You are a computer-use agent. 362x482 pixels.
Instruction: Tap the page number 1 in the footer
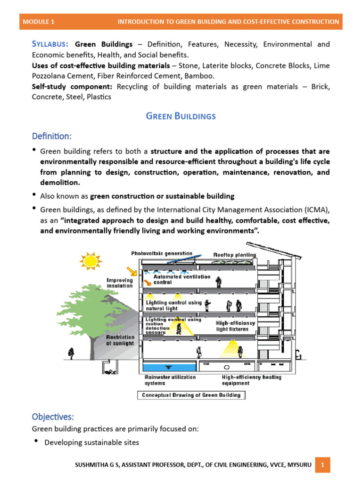click(322, 465)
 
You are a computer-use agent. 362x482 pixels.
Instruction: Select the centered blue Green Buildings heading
click(181, 116)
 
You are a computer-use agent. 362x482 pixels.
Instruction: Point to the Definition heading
click(51, 136)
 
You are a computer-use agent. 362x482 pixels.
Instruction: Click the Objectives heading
click(53, 417)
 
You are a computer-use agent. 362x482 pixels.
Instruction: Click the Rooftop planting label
click(234, 255)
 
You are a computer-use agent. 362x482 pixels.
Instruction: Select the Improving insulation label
click(119, 282)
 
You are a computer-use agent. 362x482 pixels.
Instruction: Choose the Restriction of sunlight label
click(120, 340)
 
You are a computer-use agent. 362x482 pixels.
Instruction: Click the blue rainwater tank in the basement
click(167, 367)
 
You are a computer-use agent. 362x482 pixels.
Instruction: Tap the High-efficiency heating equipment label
click(251, 380)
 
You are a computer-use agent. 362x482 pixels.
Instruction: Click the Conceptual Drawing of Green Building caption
click(191, 395)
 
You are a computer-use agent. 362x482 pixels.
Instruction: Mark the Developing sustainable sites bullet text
click(91, 442)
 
